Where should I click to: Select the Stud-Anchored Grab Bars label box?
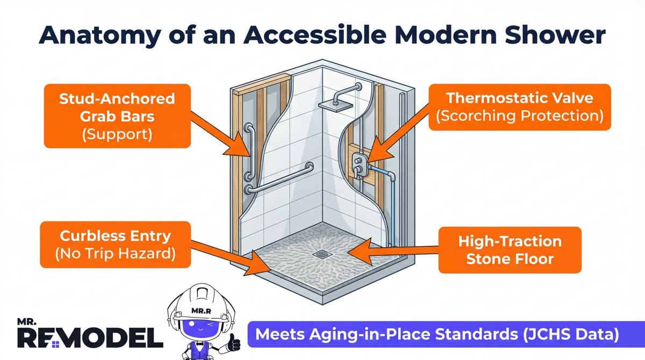(x=117, y=116)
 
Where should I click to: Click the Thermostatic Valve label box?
(x=519, y=107)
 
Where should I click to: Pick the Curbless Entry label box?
(x=116, y=244)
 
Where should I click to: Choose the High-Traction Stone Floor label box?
(x=510, y=249)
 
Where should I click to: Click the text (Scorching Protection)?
(x=519, y=116)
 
